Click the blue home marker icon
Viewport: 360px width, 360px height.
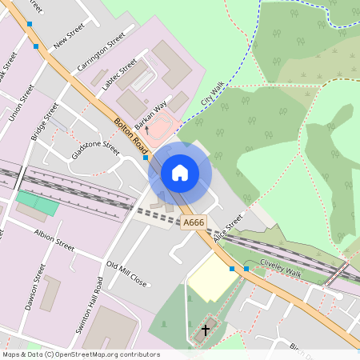180,173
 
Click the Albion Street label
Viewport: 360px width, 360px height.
54,239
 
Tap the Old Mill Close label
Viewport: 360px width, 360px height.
126,274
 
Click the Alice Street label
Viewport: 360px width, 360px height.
227,229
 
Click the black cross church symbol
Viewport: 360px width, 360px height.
206,329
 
